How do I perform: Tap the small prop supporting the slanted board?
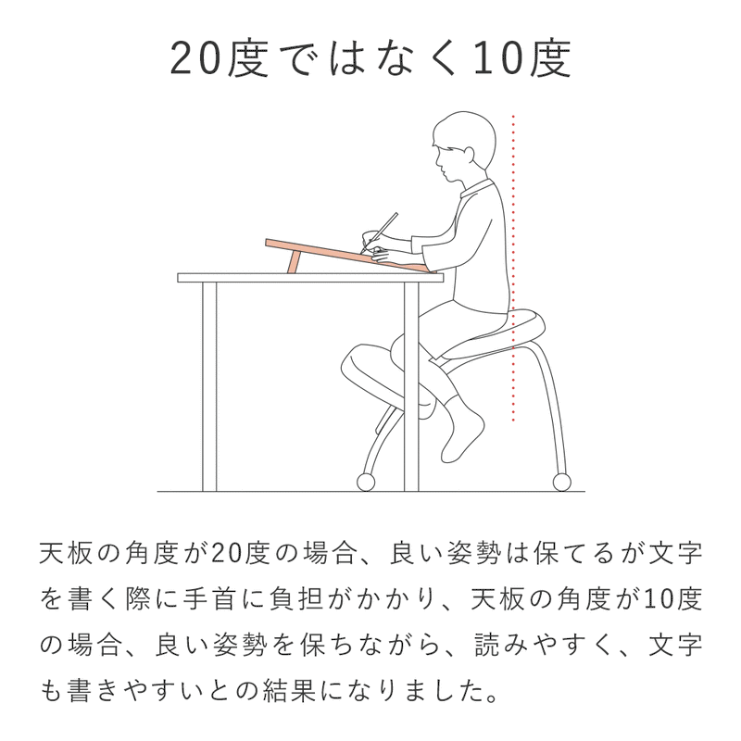click(x=293, y=263)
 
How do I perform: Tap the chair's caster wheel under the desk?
click(x=364, y=481)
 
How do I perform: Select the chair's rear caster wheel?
click(x=561, y=481)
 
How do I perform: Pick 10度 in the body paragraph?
click(x=674, y=598)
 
